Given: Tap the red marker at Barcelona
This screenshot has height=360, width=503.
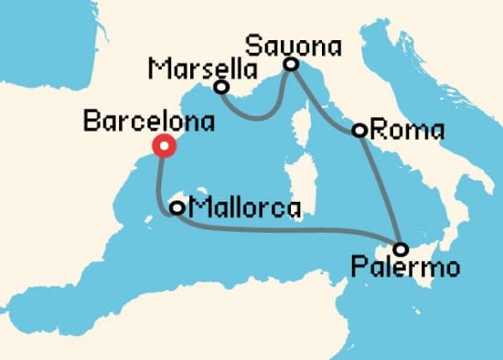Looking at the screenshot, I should tap(164, 146).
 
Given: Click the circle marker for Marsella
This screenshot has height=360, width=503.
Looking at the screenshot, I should tap(220, 87).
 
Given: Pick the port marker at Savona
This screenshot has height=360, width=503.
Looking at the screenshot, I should tap(291, 64).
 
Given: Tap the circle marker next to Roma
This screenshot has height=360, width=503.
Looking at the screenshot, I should tap(360, 131).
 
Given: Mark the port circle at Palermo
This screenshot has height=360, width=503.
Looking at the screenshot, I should tap(401, 249).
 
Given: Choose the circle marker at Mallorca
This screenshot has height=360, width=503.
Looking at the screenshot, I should tap(177, 208).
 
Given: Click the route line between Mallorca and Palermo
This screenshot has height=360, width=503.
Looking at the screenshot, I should tap(293, 232).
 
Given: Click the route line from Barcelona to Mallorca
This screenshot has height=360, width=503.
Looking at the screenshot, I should tap(159, 183).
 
